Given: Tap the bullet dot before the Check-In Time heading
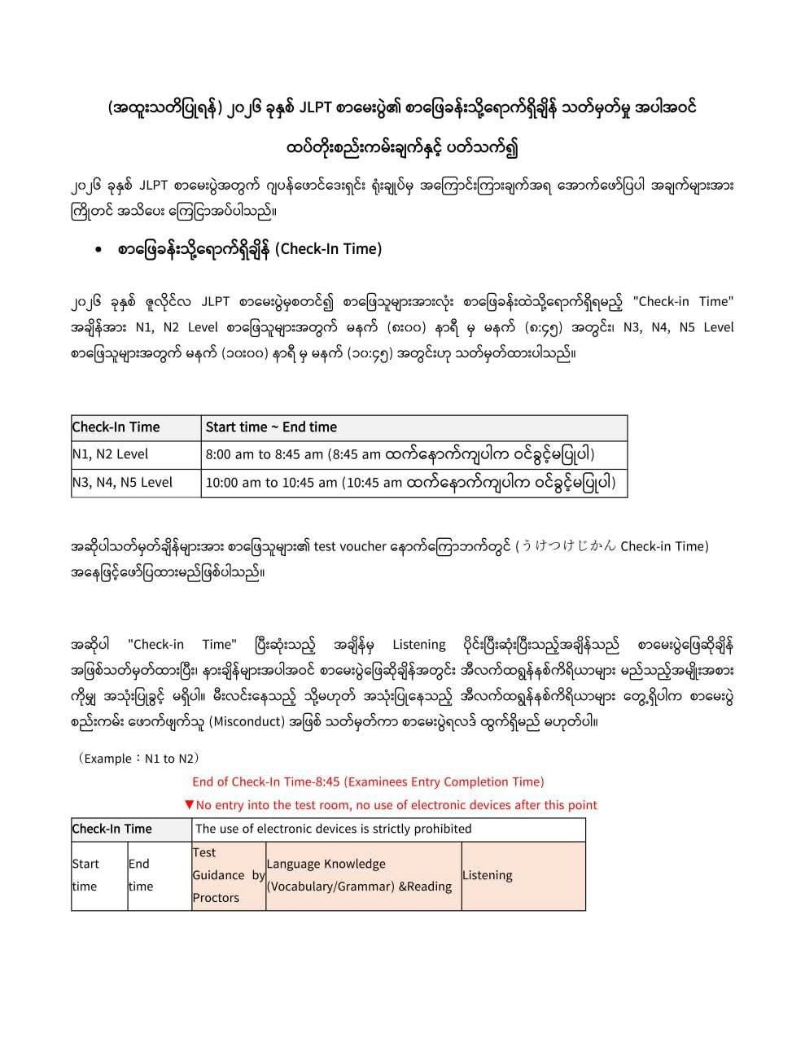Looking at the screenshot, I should tap(98, 251).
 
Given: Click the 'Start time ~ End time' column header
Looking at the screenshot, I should tap(271, 427).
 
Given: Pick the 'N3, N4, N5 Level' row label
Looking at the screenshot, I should tap(123, 482).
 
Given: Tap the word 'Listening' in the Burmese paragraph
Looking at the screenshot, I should tap(418, 645).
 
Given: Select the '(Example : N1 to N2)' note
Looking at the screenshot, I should tap(139, 759).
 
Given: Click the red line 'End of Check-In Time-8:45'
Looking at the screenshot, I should tap(368, 781).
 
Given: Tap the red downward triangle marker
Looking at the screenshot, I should tap(189, 805).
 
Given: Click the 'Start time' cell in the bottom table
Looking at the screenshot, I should tap(85, 875).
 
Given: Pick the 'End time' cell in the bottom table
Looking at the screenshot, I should tap(140, 875).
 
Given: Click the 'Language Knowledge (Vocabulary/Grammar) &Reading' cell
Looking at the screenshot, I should tap(359, 875).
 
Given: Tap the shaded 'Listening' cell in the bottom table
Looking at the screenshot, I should tap(488, 875).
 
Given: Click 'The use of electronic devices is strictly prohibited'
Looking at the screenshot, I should tap(334, 829).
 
